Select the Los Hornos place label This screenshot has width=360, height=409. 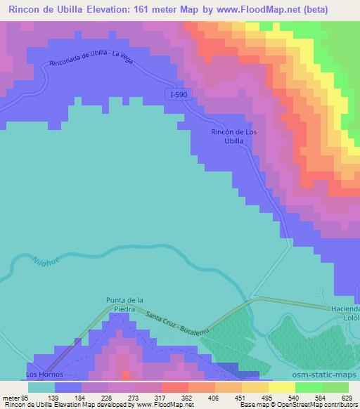(41, 366)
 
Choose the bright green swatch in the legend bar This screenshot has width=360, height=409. (309, 387)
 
